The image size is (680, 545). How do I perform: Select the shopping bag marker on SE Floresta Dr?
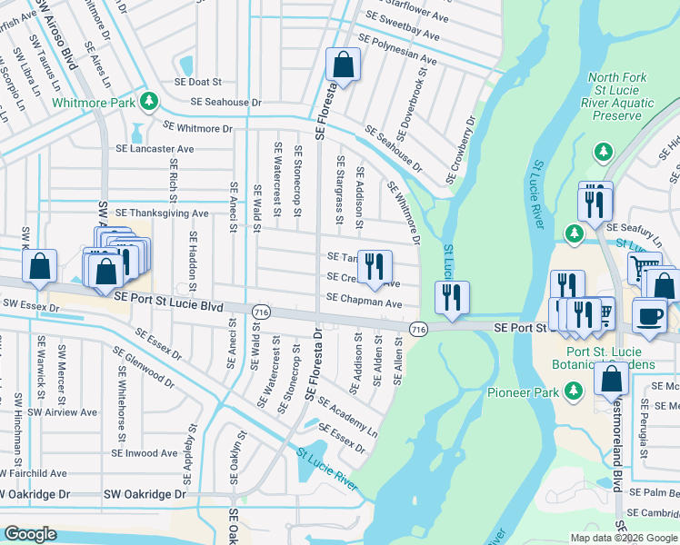point(343,64)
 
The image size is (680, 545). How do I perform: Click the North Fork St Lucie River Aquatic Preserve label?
point(621,97)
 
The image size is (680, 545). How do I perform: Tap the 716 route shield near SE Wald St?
point(260,312)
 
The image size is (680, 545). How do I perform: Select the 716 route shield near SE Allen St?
point(418,327)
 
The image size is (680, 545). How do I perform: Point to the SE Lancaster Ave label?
point(155,149)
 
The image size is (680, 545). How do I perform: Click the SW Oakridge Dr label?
point(144,495)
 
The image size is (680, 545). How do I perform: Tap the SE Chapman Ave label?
point(364,303)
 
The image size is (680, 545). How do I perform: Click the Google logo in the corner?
point(30,534)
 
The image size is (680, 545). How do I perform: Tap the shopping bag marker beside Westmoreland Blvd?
point(612,378)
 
